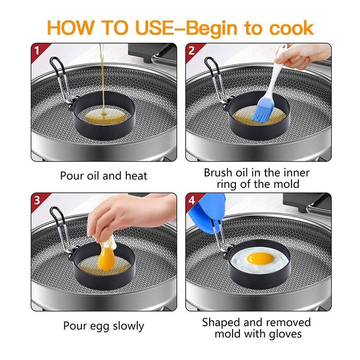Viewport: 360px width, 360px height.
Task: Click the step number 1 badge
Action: pos(37,51)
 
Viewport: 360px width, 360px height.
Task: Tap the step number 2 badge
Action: pos(192,51)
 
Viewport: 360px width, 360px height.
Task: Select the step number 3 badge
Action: pos(37,200)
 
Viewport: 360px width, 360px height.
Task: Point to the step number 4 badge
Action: pos(192,200)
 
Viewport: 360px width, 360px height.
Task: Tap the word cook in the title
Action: pos(291,28)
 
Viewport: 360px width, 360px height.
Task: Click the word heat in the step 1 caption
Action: pos(136,176)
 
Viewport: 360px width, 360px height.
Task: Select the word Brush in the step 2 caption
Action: pos(218,173)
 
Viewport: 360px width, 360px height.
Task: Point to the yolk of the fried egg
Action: pos(260,258)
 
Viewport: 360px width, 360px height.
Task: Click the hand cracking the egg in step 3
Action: pos(129,213)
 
